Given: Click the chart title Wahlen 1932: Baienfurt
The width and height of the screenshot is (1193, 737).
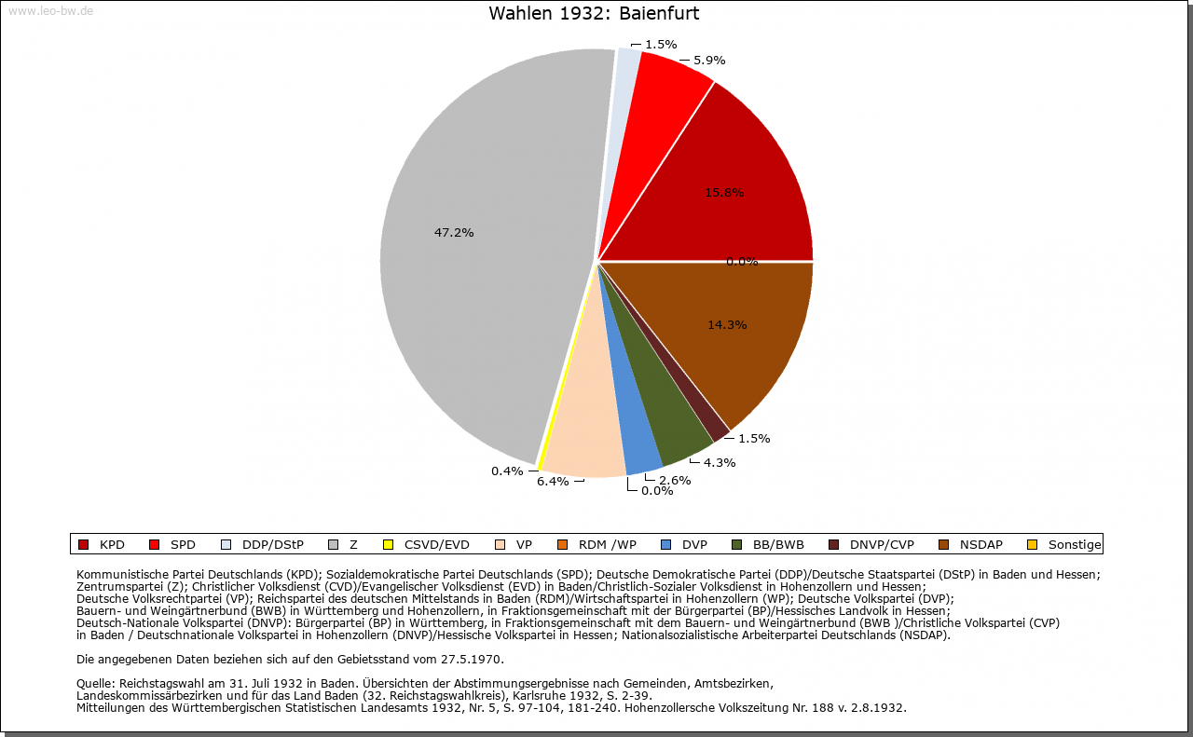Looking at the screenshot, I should click(x=594, y=14).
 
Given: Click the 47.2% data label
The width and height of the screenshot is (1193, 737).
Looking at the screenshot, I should click(x=454, y=232).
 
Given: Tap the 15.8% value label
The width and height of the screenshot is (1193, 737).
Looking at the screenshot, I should click(x=724, y=193).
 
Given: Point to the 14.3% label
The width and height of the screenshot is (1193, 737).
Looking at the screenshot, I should click(x=727, y=325).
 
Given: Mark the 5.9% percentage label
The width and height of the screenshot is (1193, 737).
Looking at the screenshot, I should click(x=709, y=61).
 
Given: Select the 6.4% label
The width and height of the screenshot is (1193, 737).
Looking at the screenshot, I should click(x=553, y=482).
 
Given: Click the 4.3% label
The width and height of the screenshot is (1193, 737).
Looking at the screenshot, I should click(x=719, y=463).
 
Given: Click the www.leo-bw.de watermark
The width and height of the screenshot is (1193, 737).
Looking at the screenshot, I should click(x=50, y=11).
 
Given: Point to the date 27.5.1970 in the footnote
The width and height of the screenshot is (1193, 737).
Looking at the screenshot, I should click(x=471, y=660).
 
